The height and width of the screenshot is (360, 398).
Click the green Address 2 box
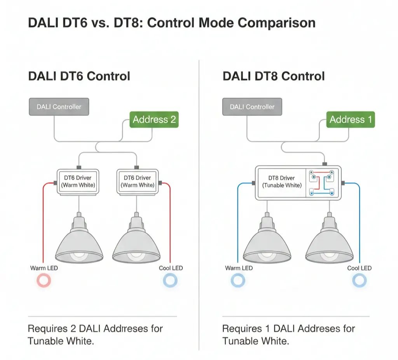154,119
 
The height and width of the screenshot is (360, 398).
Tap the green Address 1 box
351,119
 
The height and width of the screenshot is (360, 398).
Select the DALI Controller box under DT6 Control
59,107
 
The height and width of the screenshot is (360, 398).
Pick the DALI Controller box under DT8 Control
252,107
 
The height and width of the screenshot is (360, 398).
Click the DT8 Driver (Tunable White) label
282,182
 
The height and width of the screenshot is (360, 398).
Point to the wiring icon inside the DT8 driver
321,182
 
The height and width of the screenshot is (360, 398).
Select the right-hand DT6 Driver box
137,182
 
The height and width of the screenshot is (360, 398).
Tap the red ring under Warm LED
44,280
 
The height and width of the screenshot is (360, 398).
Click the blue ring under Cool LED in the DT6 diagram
170,280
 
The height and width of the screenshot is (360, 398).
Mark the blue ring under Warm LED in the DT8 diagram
238,280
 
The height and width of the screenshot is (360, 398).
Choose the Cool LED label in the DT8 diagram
359,268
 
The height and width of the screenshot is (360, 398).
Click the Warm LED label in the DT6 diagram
44,268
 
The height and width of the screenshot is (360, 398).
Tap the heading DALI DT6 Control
79,76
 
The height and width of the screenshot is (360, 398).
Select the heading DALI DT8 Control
273,76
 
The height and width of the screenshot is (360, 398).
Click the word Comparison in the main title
276,23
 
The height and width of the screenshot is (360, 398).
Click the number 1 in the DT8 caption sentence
268,329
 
